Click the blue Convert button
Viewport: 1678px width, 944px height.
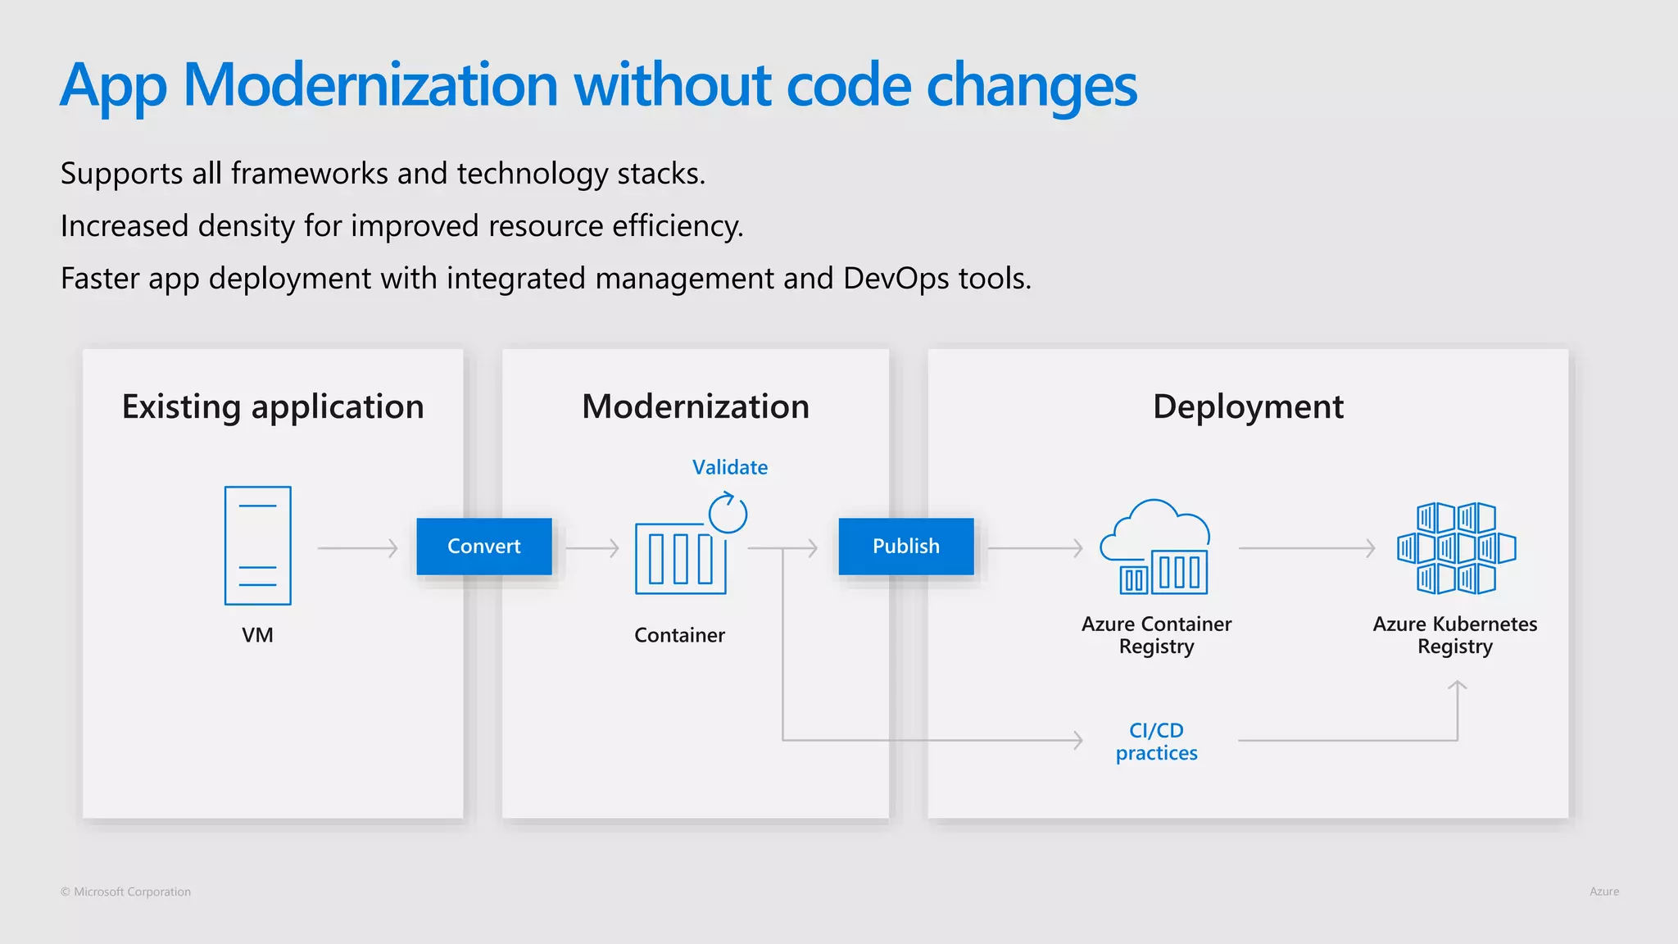click(483, 546)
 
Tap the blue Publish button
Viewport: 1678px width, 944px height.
click(905, 546)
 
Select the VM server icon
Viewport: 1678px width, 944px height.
click(257, 546)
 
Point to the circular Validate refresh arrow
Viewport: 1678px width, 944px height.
click(728, 514)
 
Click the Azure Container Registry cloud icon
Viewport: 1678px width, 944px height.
click(1155, 547)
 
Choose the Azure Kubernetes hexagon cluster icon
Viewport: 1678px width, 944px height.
click(1456, 547)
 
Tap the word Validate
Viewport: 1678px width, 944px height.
click(729, 467)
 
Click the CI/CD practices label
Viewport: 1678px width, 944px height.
click(1156, 742)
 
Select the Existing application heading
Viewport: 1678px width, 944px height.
click(273, 407)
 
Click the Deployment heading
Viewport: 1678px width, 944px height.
click(1248, 407)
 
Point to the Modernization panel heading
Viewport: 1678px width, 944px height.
click(696, 407)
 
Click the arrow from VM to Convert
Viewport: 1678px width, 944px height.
click(358, 547)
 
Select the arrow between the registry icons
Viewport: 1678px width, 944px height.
click(1307, 547)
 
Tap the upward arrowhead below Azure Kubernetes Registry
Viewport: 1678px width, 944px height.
click(1457, 687)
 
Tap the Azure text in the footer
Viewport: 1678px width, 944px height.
click(1603, 892)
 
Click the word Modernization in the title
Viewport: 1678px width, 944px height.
click(370, 85)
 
